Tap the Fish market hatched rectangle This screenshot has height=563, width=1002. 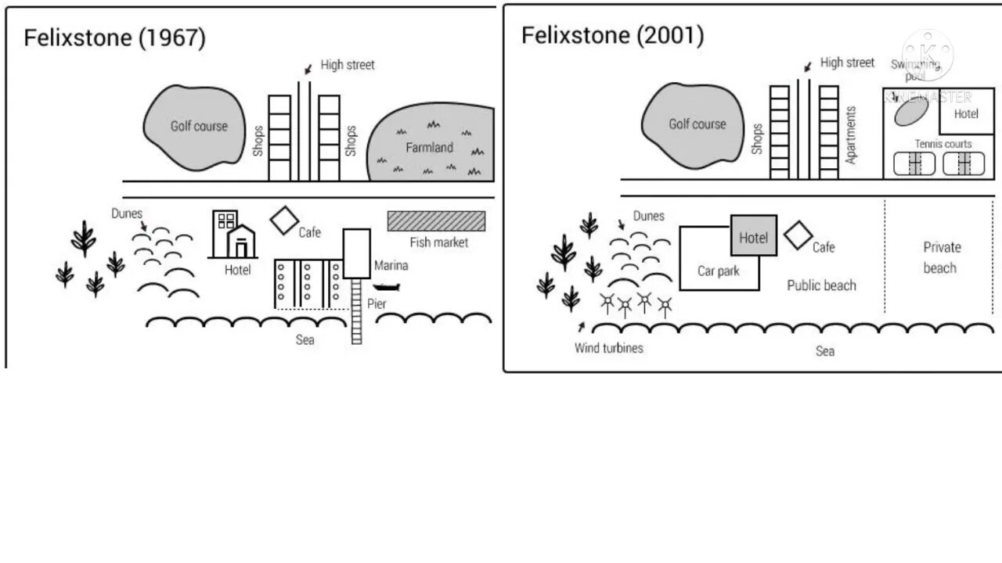(x=436, y=221)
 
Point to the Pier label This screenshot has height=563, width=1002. (x=377, y=304)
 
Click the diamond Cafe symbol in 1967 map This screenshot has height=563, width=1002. (x=284, y=220)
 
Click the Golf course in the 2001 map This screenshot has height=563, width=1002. (x=696, y=126)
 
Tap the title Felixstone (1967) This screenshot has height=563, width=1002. (x=115, y=38)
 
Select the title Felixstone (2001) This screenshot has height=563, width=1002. (x=612, y=35)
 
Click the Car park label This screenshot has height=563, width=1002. (x=718, y=271)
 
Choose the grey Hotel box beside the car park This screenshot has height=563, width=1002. (x=754, y=235)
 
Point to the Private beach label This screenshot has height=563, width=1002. (x=941, y=257)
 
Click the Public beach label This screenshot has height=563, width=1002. (x=821, y=285)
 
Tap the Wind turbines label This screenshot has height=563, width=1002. (x=608, y=348)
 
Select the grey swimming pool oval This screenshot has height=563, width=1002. (x=907, y=112)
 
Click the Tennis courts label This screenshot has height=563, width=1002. (x=943, y=144)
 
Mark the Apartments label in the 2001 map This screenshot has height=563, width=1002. (x=852, y=134)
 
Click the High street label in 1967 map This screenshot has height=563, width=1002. (x=348, y=65)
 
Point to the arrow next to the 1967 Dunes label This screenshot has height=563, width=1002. (x=143, y=228)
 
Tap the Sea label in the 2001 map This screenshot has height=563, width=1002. (x=825, y=351)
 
